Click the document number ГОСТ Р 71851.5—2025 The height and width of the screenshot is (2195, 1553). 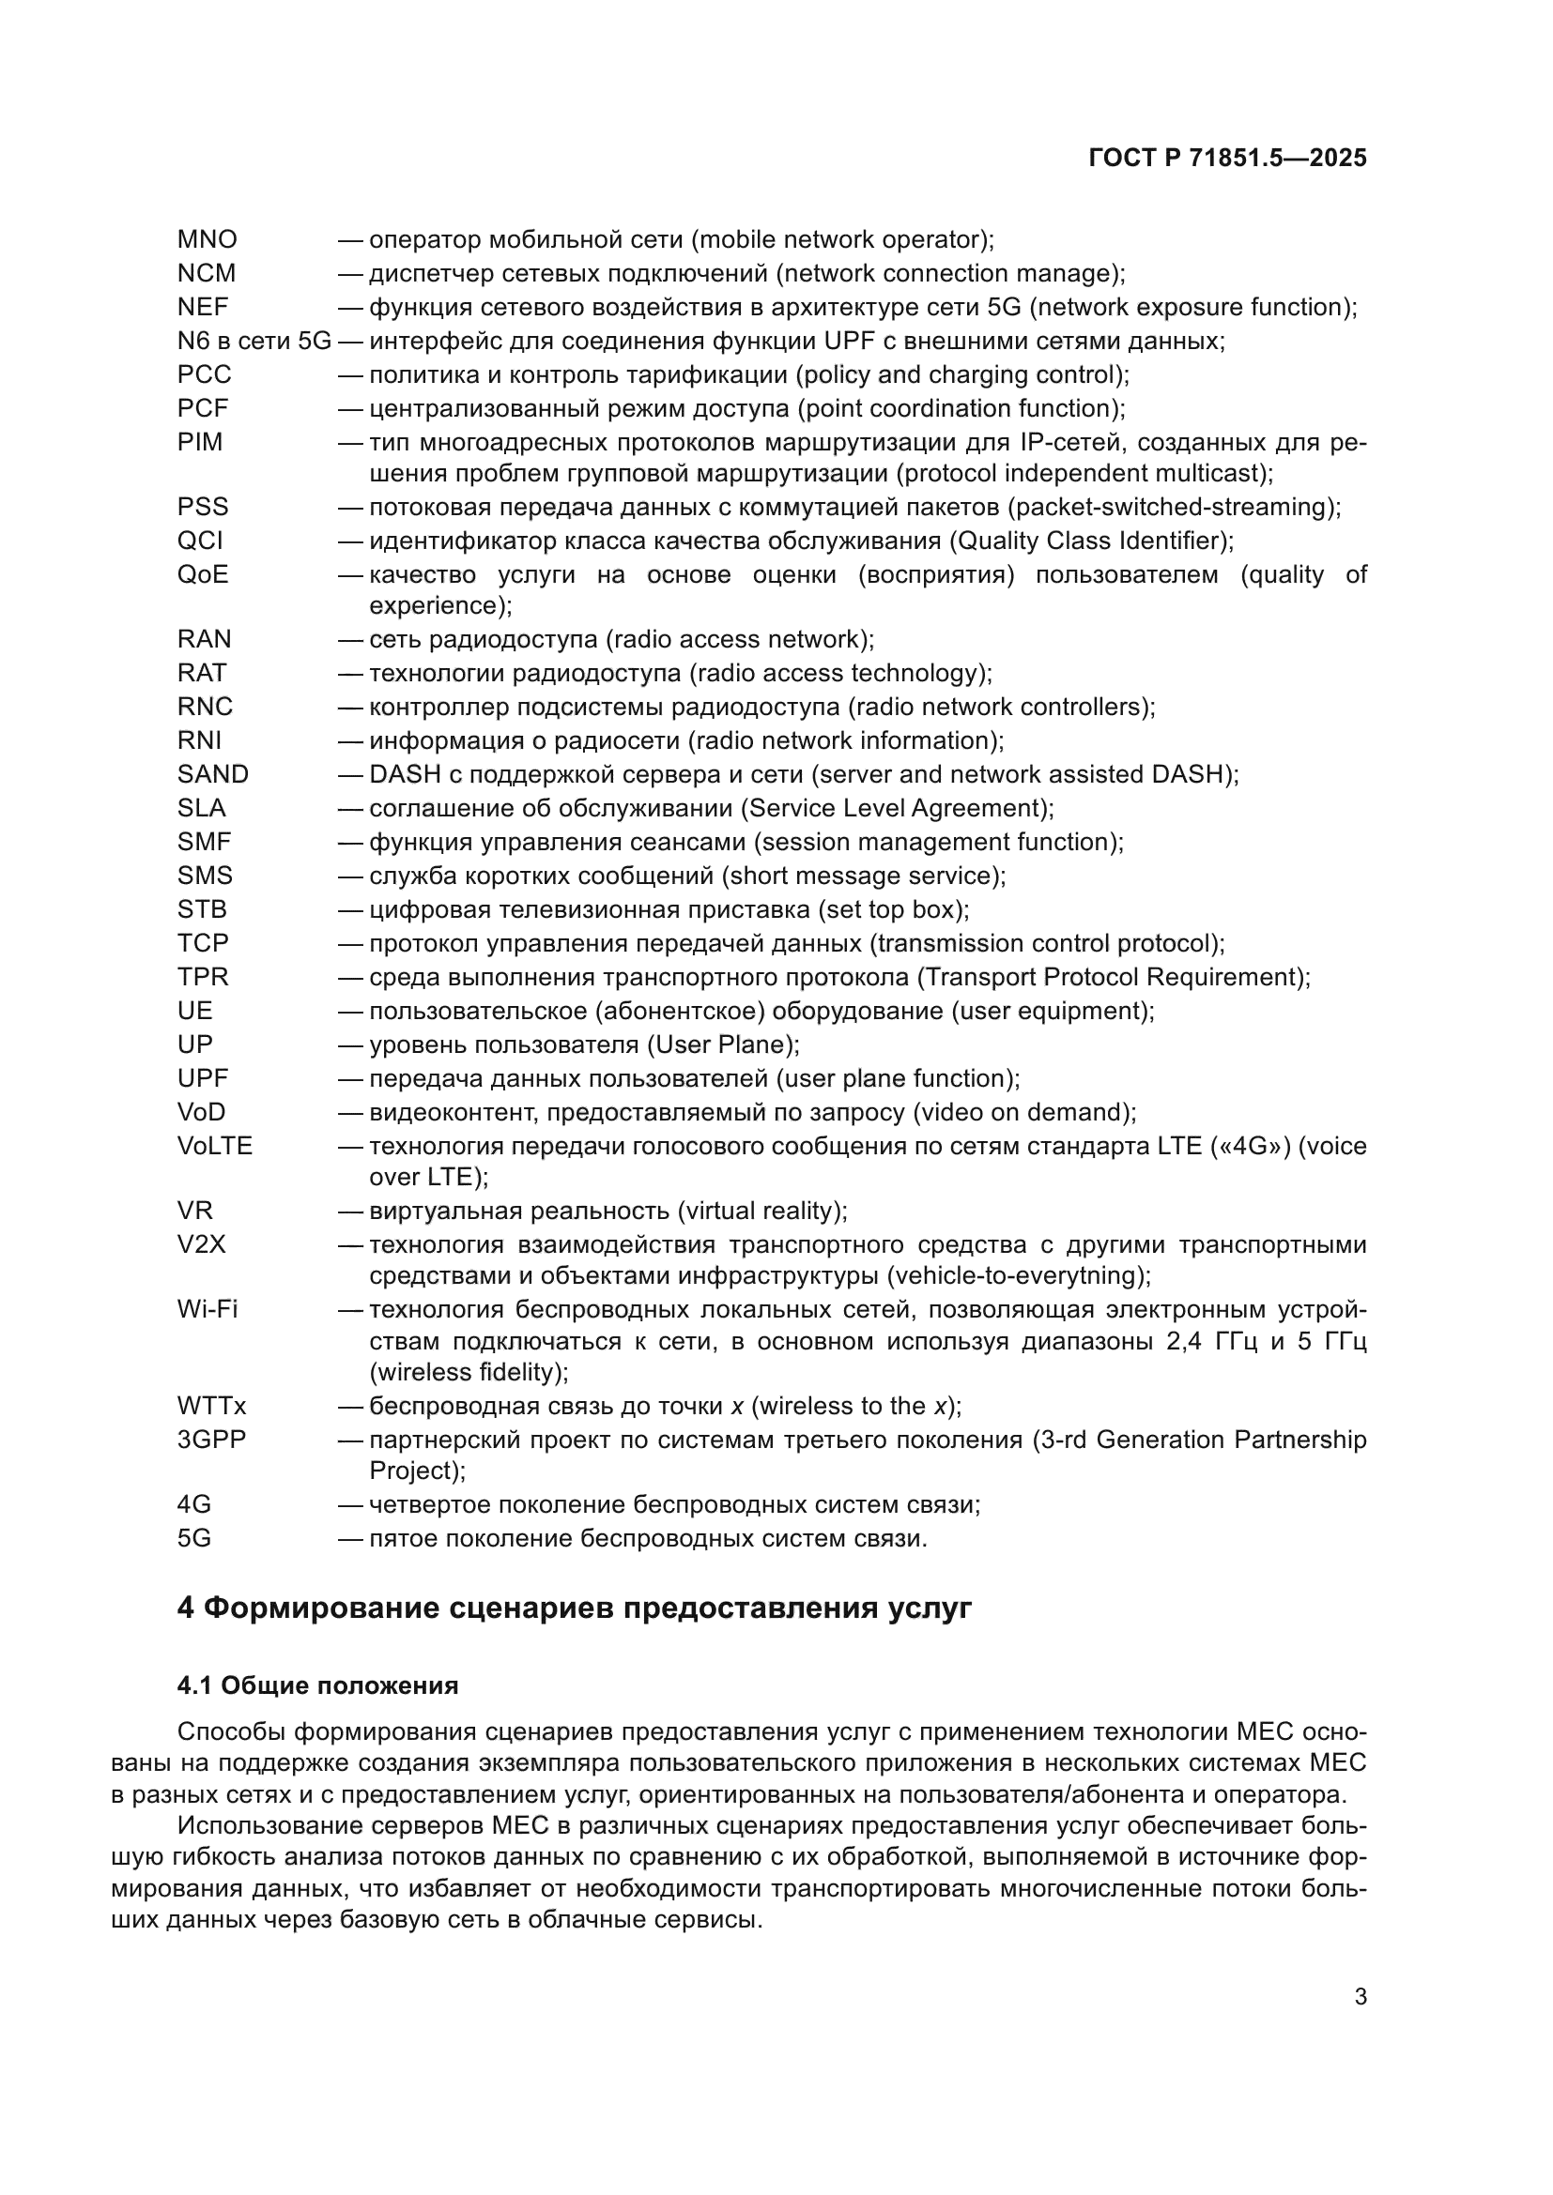pos(1227,159)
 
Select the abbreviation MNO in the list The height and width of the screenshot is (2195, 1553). pos(207,240)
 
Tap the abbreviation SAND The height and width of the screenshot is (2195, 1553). pos(212,774)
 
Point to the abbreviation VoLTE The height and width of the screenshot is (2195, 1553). pos(214,1146)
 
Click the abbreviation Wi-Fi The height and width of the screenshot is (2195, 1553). pos(207,1310)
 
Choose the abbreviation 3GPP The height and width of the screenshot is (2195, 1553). pos(211,1440)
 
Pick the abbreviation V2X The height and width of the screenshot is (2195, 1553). pos(201,1244)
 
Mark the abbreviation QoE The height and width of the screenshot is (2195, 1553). pos(203,574)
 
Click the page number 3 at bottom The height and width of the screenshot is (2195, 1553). pos(1360,1997)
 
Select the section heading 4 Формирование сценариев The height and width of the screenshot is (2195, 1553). pos(574,1608)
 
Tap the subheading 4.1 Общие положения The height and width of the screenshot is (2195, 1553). pos(317,1685)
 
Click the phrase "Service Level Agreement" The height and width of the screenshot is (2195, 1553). pos(896,809)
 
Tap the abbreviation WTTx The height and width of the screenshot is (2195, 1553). pos(211,1407)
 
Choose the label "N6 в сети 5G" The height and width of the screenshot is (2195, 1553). pos(254,342)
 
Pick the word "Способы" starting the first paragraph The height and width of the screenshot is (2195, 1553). pos(231,1732)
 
